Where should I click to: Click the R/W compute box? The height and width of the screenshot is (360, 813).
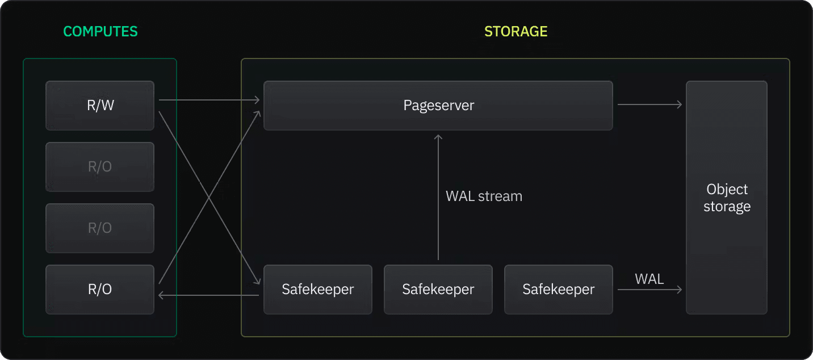click(x=100, y=106)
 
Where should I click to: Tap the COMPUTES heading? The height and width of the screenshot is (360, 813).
click(x=100, y=31)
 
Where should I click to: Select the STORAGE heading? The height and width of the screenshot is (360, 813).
click(x=516, y=31)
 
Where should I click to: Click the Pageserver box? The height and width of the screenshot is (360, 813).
click(x=438, y=106)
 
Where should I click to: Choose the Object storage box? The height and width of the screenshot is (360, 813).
click(x=726, y=198)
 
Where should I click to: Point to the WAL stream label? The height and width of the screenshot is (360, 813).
click(x=484, y=196)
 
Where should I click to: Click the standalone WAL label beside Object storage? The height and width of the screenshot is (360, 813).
click(x=649, y=279)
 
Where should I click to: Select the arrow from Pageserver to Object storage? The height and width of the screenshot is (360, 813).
click(x=649, y=104)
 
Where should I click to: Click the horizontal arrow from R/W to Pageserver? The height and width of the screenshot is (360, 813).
click(x=209, y=101)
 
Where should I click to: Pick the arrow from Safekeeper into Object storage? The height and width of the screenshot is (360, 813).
click(x=649, y=290)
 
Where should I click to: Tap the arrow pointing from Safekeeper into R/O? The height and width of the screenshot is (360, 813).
click(x=209, y=295)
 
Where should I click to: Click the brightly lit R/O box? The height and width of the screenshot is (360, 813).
click(x=100, y=290)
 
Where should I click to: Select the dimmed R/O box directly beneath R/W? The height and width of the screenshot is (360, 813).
click(x=100, y=167)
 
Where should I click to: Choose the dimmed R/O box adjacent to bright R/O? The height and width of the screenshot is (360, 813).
click(x=100, y=228)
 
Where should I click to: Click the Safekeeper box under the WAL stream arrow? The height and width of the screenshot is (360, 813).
click(x=438, y=290)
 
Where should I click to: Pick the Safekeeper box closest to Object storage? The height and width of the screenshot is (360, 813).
click(x=558, y=290)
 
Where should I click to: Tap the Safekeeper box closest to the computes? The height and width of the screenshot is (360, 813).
click(x=317, y=290)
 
